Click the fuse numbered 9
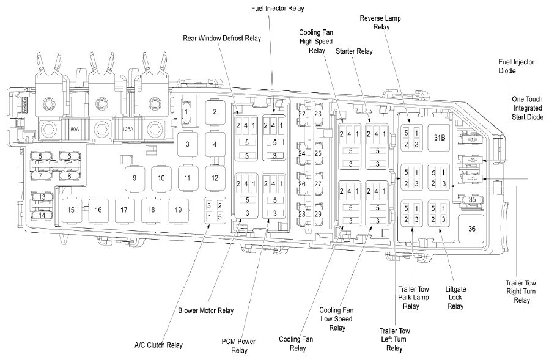click(x=133, y=178)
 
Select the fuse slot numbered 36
click(x=471, y=228)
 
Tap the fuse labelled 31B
click(x=440, y=137)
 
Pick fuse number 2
click(x=215, y=112)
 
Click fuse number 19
click(x=178, y=210)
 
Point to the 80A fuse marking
click(x=75, y=130)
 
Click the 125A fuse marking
click(x=128, y=130)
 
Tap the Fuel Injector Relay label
click(x=278, y=9)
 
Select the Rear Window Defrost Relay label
click(x=222, y=38)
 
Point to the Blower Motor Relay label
click(x=206, y=310)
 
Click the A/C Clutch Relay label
click(x=158, y=345)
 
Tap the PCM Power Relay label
click(x=239, y=346)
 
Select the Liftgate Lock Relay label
click(x=455, y=297)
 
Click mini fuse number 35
click(x=472, y=200)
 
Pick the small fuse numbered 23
click(x=318, y=114)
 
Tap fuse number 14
click(x=42, y=215)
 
